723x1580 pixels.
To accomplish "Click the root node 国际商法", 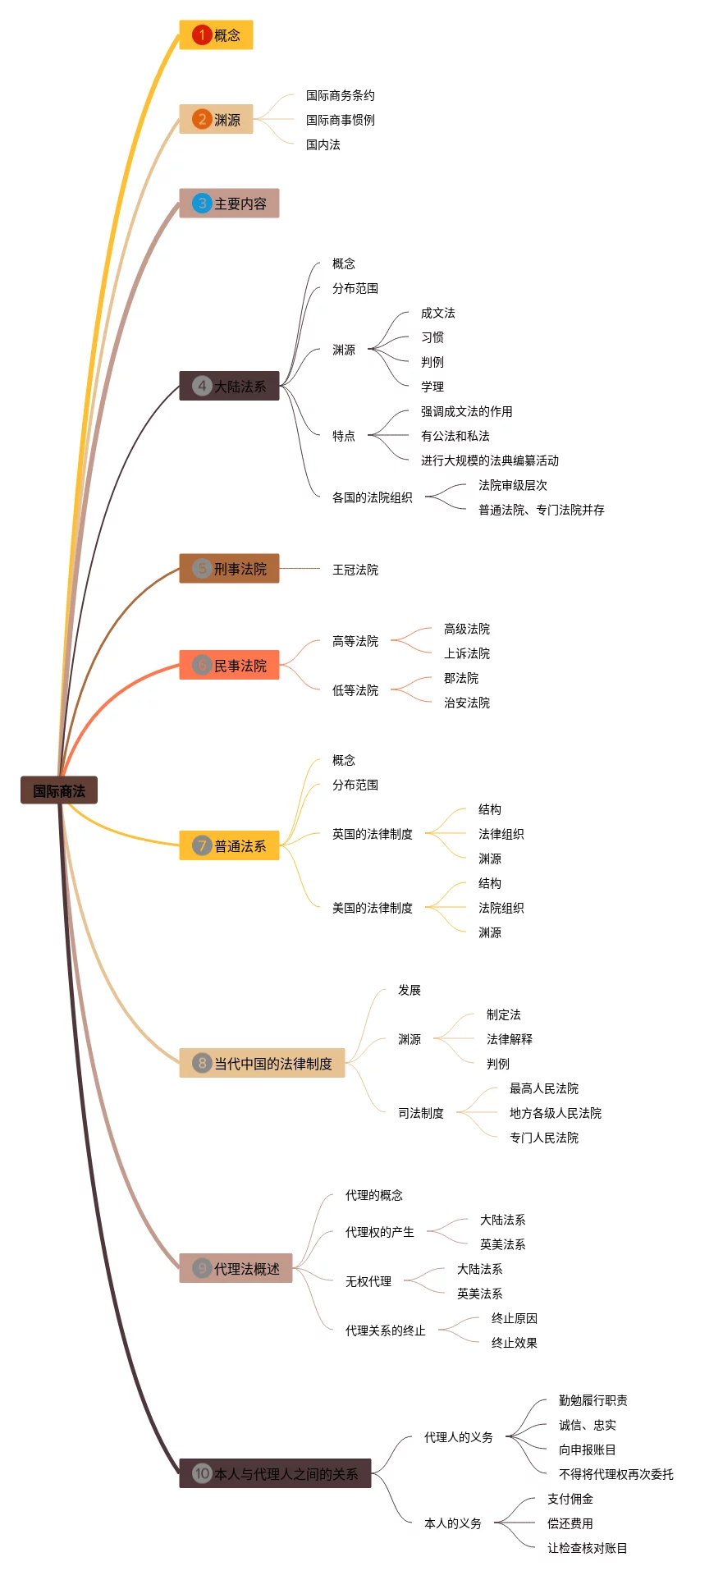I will click(59, 791).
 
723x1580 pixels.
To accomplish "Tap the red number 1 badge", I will click(202, 35).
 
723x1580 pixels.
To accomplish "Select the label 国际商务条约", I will click(340, 96).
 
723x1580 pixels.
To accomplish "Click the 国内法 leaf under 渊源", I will click(323, 145).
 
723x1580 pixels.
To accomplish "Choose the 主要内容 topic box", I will click(229, 204).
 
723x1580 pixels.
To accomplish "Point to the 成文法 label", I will click(437, 314).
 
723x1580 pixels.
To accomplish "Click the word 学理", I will click(432, 387).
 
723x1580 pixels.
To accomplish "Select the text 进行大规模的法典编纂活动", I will click(489, 461).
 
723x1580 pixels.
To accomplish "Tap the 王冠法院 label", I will click(355, 570).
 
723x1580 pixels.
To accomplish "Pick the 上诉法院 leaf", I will click(466, 654).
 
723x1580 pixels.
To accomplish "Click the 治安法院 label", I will click(466, 703).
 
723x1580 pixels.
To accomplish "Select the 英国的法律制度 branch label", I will click(372, 835).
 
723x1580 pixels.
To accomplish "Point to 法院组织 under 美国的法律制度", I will click(501, 909).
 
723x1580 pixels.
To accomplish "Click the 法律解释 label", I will click(509, 1040).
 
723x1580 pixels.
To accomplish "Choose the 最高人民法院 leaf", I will click(543, 1089).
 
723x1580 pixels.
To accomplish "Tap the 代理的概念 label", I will click(373, 1196).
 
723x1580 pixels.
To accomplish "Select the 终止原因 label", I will click(514, 1319).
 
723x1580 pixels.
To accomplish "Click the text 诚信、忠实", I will click(587, 1426).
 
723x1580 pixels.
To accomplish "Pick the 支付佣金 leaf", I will click(570, 1500).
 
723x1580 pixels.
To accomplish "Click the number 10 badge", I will click(202, 1473).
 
